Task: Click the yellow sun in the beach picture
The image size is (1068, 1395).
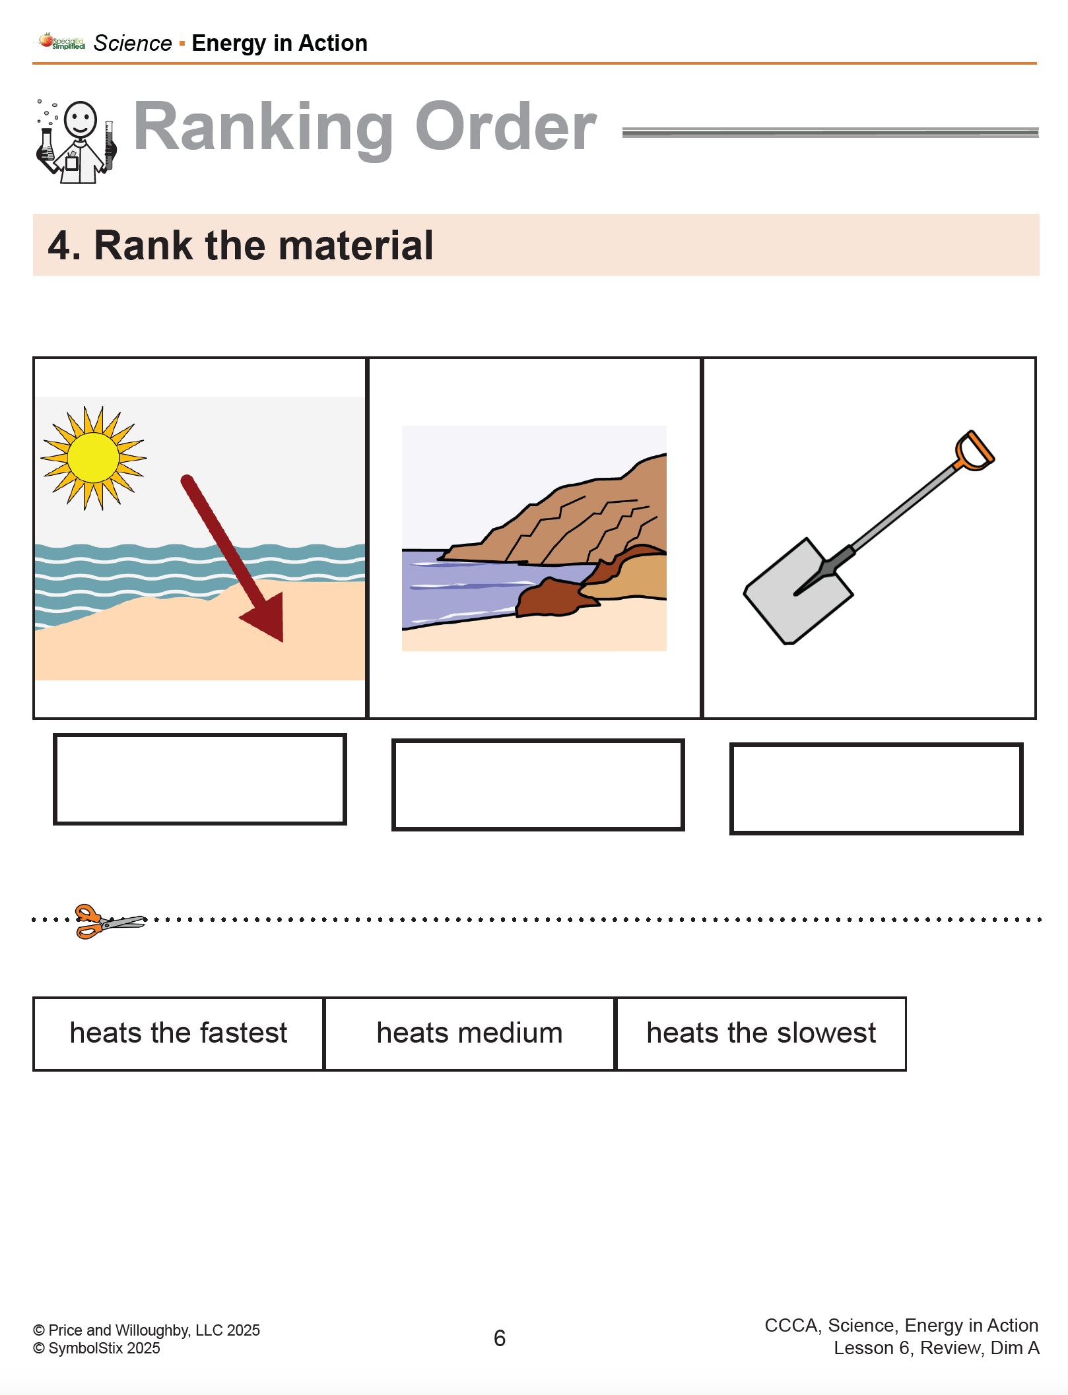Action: click(93, 458)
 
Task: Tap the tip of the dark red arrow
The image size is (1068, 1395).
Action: click(283, 641)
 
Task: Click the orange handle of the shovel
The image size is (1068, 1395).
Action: click(974, 451)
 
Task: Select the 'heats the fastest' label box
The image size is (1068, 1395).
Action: click(178, 1033)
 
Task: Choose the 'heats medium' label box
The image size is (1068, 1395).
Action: click(469, 1033)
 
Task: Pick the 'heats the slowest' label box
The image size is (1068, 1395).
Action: click(761, 1033)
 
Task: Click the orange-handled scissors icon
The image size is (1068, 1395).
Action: click(110, 921)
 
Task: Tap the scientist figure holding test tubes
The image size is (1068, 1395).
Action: click(76, 141)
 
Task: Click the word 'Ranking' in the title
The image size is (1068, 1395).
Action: click(263, 128)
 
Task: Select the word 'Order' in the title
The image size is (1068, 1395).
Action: click(506, 127)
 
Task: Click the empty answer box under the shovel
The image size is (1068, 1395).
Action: click(876, 789)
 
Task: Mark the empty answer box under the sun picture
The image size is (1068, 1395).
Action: click(200, 779)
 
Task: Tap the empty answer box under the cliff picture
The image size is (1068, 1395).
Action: click(538, 785)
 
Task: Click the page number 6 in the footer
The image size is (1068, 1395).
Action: click(500, 1338)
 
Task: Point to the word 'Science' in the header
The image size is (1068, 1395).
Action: click(133, 44)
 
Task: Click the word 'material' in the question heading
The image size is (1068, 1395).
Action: click(356, 245)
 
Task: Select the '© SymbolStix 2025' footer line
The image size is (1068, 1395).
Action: click(96, 1348)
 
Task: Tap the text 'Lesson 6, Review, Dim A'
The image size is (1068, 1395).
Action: click(936, 1348)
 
